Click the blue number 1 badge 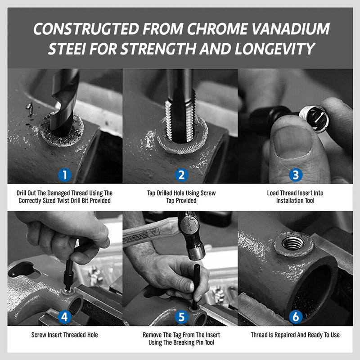65,175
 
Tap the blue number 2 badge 181,175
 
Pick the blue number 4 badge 65,317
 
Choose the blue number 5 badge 181,317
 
